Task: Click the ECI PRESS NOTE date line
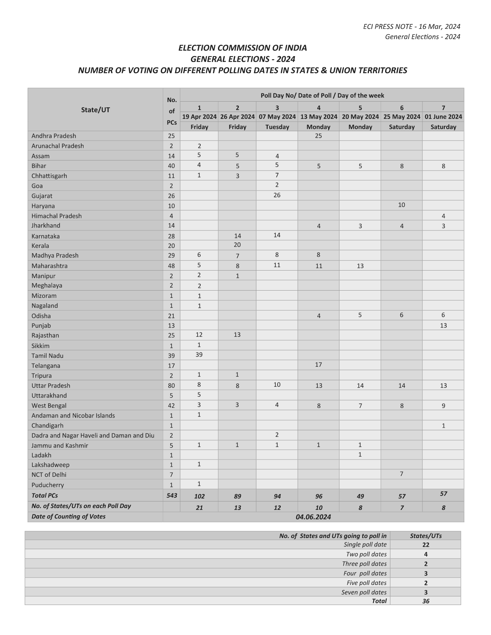412,27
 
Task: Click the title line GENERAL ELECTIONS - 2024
243,59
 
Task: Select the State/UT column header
96,110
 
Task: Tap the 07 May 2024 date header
277,117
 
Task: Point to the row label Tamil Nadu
47,356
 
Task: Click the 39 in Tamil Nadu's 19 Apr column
199,354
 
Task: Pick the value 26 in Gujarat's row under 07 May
277,195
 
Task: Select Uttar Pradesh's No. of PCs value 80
171,386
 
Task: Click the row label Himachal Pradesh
57,216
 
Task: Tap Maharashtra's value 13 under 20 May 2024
360,266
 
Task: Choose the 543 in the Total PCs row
172,495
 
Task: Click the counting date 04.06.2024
313,517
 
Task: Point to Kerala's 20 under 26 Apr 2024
237,245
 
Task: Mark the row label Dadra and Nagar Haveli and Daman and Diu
93,435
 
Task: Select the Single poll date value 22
426,545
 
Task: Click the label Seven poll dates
364,592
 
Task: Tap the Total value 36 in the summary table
426,601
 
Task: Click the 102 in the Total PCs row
199,496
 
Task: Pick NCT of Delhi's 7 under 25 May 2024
401,474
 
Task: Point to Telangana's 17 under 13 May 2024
318,364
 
